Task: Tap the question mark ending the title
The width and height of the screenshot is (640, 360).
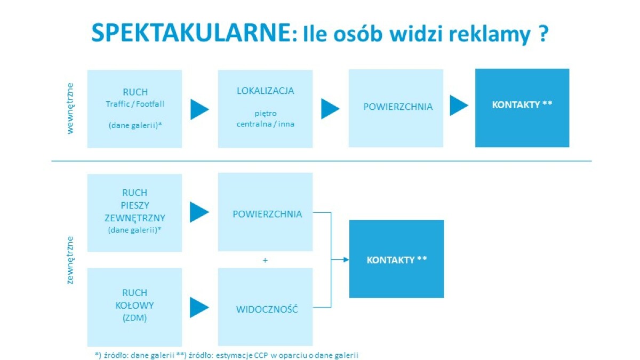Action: point(543,34)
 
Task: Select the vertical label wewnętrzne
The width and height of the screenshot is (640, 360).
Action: point(70,109)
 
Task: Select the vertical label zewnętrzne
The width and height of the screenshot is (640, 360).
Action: point(70,260)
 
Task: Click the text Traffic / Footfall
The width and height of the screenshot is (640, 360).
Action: point(135,104)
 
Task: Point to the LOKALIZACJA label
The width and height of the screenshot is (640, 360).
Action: point(266,91)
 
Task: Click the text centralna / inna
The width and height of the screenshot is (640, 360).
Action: point(266,124)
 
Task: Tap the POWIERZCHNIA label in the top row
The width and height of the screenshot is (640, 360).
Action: point(398,107)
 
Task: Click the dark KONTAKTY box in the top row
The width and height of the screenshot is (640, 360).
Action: point(522,108)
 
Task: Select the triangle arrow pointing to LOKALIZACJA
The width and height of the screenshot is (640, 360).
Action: point(199,109)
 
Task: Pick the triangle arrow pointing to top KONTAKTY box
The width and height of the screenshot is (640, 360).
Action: point(459,106)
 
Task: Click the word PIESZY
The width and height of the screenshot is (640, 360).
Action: point(135,205)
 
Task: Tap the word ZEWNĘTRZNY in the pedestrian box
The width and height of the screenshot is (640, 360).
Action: point(135,218)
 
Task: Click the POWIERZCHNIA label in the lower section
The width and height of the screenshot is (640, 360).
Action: point(267,214)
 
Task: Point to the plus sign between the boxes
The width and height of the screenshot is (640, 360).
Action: point(265,260)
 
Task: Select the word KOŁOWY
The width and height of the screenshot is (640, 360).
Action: point(134,306)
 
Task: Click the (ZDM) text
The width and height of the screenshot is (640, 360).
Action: point(134,318)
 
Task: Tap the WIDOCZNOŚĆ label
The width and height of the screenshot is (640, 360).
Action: point(267,309)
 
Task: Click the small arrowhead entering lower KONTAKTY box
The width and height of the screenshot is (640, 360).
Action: point(346,260)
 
